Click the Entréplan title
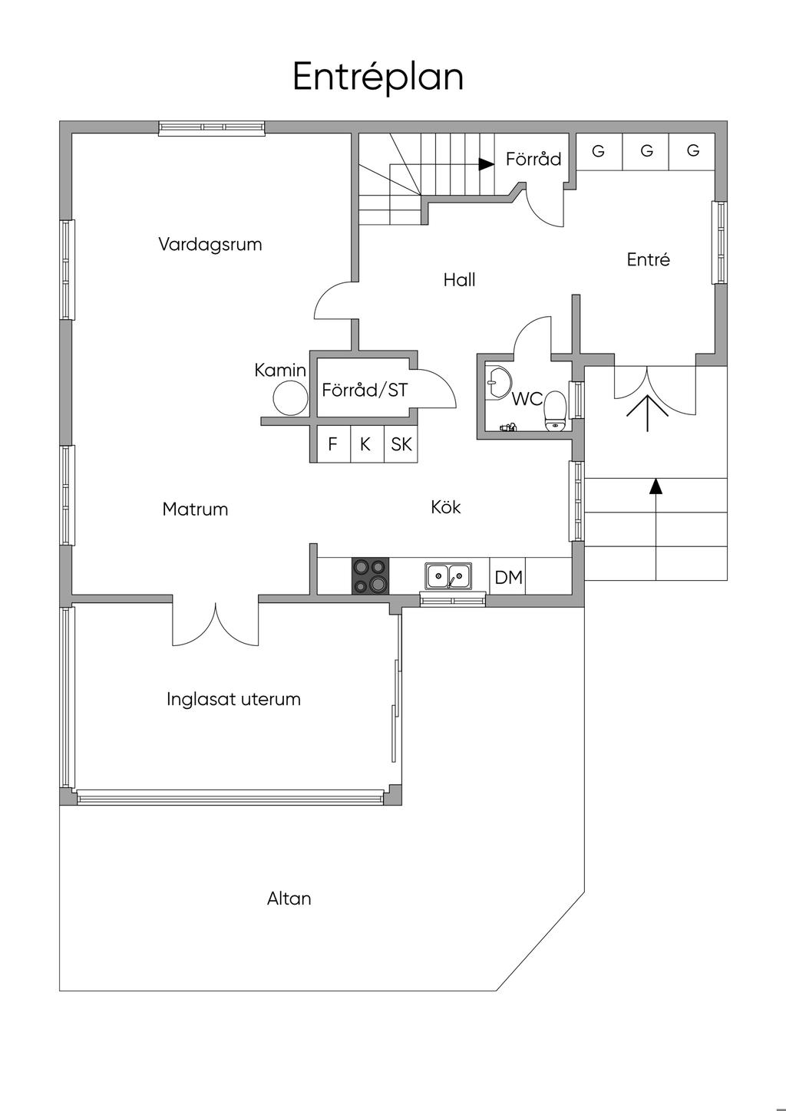point(378,77)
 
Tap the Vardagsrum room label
point(210,245)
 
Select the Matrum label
point(195,509)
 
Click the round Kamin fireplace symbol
point(291,399)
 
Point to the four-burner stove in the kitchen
point(370,575)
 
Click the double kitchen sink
point(448,575)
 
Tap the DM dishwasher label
point(509,577)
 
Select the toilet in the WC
point(555,411)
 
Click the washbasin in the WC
point(497,382)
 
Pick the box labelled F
point(333,444)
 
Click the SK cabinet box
point(401,444)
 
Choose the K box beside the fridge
point(367,444)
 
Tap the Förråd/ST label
point(365,390)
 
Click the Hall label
point(460,280)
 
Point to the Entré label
point(648,259)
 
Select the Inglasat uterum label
point(233,699)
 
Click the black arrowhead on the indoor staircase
point(487,164)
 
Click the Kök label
point(446,507)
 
